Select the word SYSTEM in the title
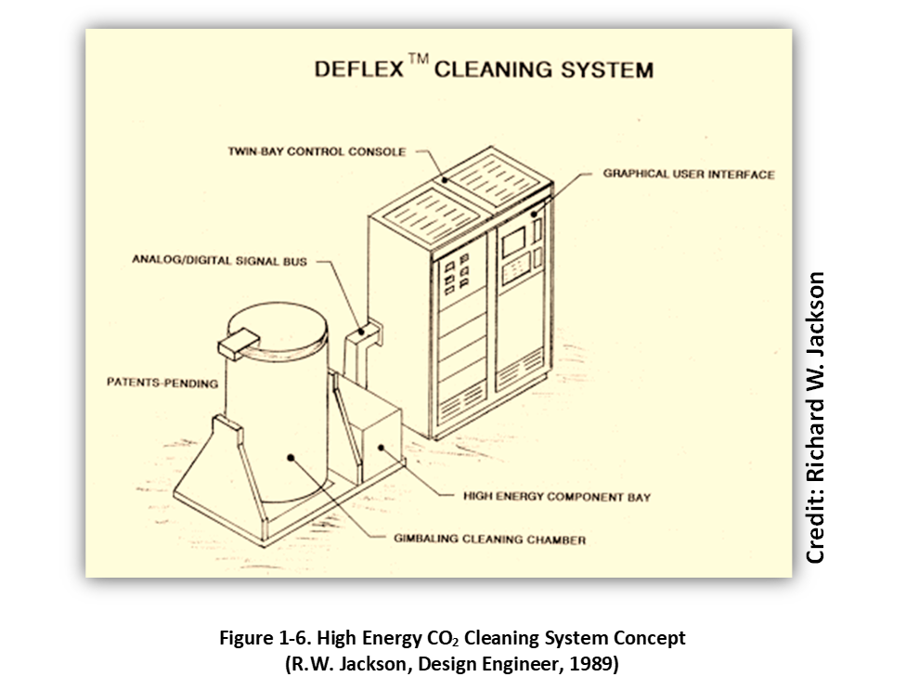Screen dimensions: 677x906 pyautogui.click(x=608, y=70)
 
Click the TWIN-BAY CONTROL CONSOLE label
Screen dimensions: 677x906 pyautogui.click(x=317, y=151)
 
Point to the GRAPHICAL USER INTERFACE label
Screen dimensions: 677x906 pyautogui.click(x=688, y=174)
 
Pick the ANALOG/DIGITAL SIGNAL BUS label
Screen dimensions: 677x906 pyautogui.click(x=218, y=260)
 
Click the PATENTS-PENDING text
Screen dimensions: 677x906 pyautogui.click(x=162, y=383)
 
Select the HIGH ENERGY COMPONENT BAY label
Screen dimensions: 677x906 pyautogui.click(x=557, y=497)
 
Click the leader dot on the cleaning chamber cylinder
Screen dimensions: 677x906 pyautogui.click(x=291, y=457)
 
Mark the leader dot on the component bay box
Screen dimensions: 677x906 pyautogui.click(x=380, y=448)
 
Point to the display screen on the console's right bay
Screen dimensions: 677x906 pyautogui.click(x=512, y=243)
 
